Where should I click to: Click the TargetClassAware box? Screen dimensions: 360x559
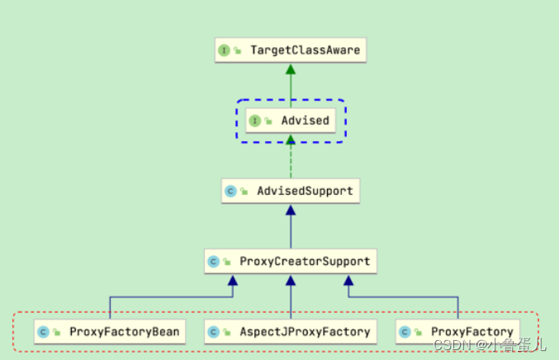coord(290,50)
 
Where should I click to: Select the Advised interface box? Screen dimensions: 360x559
coord(291,121)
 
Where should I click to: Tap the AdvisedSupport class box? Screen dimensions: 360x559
coord(290,191)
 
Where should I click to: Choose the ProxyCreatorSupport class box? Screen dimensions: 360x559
coord(290,262)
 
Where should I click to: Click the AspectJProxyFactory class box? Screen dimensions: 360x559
coord(290,332)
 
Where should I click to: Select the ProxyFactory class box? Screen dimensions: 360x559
coord(457,332)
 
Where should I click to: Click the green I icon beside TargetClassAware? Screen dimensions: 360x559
coord(224,50)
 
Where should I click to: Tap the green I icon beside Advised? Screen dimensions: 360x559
coord(255,121)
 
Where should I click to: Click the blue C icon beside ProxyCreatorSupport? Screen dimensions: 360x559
coord(212,262)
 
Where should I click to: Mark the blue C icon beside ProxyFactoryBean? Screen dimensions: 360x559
coord(42,332)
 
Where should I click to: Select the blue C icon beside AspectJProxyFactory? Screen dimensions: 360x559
coord(212,332)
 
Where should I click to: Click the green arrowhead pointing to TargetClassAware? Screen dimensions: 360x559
coord(291,69)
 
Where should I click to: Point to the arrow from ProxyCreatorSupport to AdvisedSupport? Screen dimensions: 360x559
coord(291,227)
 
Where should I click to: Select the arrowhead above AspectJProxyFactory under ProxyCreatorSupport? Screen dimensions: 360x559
coord(291,282)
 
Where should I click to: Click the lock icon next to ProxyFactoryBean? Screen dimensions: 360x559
coord(57,333)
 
